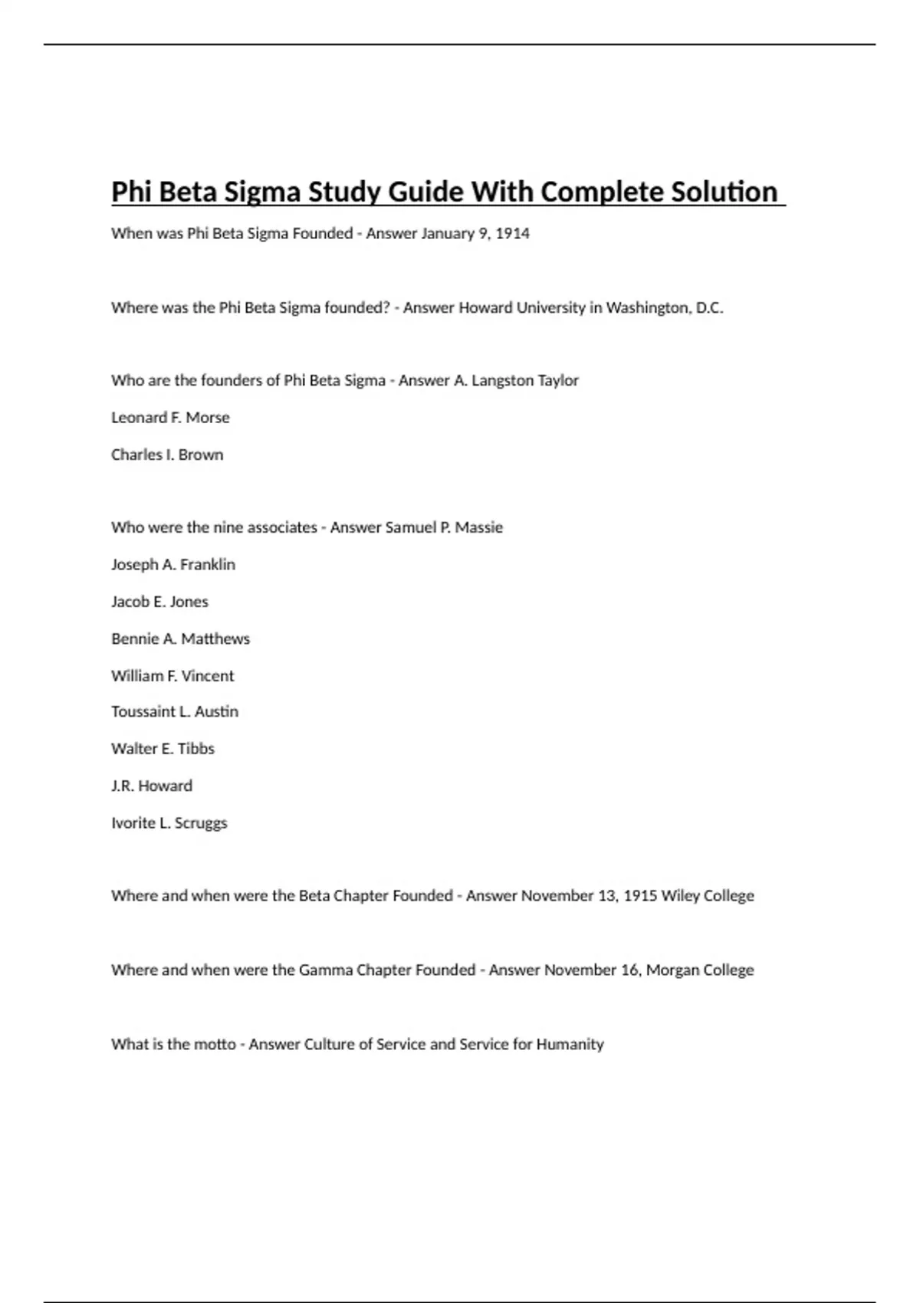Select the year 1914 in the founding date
click(x=512, y=233)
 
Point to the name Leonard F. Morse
click(x=170, y=417)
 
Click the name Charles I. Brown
click(x=167, y=455)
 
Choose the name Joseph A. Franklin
click(x=173, y=564)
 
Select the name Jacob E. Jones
click(x=159, y=602)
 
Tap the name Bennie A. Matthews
click(x=180, y=638)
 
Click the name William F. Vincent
click(x=172, y=676)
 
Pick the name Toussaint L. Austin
click(x=175, y=711)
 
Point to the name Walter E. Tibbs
click(x=163, y=748)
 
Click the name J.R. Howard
click(x=152, y=786)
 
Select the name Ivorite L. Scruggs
click(x=169, y=822)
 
